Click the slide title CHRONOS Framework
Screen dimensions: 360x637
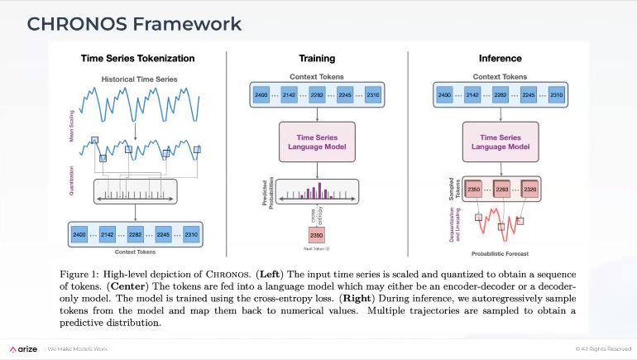click(134, 23)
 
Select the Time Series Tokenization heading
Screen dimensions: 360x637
click(137, 59)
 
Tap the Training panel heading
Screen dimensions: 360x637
click(317, 59)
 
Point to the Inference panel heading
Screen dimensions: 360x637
click(500, 59)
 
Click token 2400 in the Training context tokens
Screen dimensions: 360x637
click(262, 96)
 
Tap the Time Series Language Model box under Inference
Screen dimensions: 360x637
click(500, 141)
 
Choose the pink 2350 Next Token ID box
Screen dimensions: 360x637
click(318, 235)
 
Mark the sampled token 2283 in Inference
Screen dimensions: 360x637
click(504, 190)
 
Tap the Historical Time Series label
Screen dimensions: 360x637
click(137, 79)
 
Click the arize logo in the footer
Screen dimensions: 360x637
click(22, 348)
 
